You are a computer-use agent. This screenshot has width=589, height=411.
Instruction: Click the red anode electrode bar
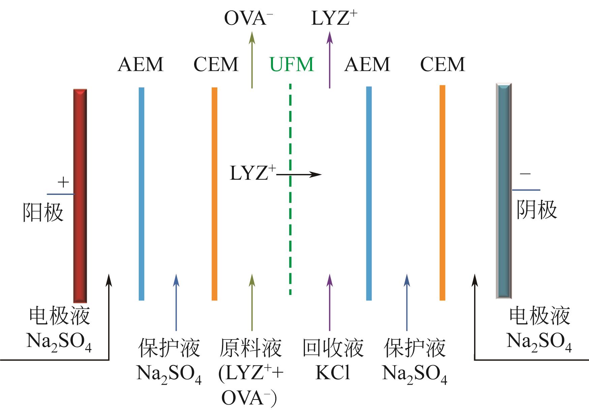click(x=80, y=196)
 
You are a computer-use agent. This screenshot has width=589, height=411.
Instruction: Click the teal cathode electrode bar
click(x=504, y=191)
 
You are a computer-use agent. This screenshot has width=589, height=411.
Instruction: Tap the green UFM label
click(x=292, y=64)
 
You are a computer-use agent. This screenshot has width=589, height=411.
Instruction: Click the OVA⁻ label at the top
click(x=248, y=18)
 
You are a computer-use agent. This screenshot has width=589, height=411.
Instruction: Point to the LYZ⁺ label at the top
click(x=334, y=18)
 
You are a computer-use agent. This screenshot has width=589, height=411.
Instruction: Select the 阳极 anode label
click(x=43, y=212)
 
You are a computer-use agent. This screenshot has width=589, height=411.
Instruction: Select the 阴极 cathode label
click(x=537, y=209)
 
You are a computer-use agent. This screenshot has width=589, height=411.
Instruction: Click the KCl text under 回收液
click(x=333, y=373)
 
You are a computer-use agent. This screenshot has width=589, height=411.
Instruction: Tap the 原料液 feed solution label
click(x=251, y=349)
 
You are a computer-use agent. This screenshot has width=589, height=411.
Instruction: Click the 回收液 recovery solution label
click(x=333, y=349)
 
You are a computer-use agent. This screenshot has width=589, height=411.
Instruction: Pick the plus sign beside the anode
click(x=63, y=182)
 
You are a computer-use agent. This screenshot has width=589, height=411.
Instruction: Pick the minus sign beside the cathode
click(x=525, y=174)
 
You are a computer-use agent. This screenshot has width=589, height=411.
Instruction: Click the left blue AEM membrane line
click(x=142, y=194)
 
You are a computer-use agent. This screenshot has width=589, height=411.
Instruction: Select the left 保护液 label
click(x=169, y=349)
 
